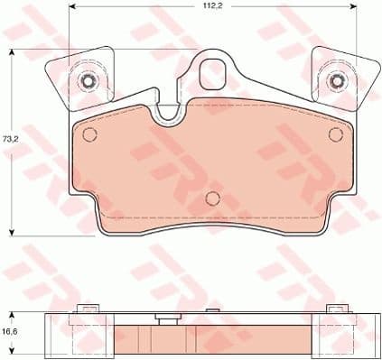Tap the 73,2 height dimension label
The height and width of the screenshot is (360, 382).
[x=10, y=140]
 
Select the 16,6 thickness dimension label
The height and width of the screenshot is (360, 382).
[x=10, y=331]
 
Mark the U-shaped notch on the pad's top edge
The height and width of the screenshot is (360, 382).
[x=167, y=113]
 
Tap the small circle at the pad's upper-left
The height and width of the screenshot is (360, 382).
[x=89, y=134]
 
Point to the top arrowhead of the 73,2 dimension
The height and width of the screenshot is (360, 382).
[x=12, y=51]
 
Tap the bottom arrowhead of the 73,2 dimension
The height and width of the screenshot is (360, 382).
[x=12, y=232]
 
